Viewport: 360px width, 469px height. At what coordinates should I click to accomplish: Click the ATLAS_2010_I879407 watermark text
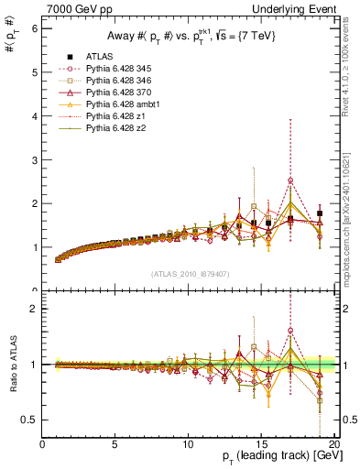coord(189,274)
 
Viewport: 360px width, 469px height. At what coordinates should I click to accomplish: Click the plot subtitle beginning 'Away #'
coord(189,35)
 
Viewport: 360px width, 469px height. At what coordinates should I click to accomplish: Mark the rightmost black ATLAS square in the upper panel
coord(319,213)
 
